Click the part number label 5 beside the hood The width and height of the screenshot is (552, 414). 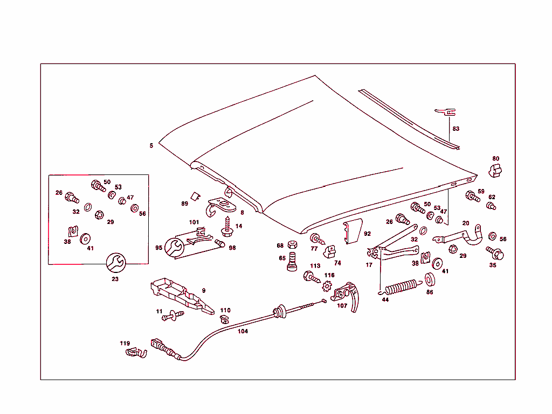coord(151,146)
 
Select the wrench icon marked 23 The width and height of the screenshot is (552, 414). coord(115,263)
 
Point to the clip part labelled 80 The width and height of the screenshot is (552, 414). coord(495,171)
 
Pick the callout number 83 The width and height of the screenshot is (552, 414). coord(456,129)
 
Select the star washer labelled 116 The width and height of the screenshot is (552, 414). coord(326,286)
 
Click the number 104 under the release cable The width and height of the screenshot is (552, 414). coord(243,332)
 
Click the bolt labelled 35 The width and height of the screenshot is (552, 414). coord(494,252)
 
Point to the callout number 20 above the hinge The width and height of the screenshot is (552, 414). coord(466,223)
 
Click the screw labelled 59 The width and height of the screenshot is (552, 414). coord(472,197)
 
